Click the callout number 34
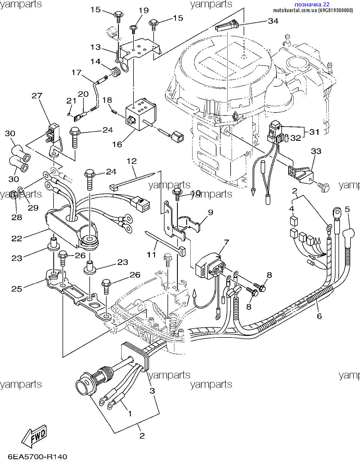point(273,21)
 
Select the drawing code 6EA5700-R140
point(37,457)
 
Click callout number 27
point(37,96)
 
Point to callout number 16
point(117,144)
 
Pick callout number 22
point(17,238)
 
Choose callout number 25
point(17,289)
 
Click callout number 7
point(226,242)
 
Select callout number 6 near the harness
point(319,316)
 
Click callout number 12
point(131,161)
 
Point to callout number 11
point(151,255)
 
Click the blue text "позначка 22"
point(312,4)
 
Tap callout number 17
point(77,73)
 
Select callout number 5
point(347,209)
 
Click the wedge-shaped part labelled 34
point(227,26)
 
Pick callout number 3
point(152,391)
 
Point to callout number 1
point(130,413)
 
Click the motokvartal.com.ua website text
point(313,10)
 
